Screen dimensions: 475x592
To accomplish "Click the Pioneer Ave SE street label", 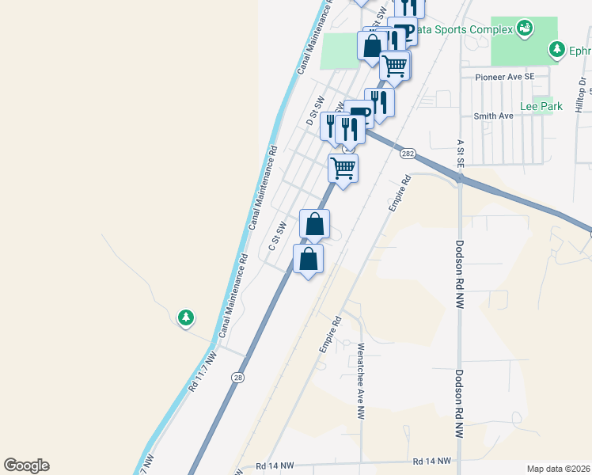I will pyautogui.click(x=505, y=77).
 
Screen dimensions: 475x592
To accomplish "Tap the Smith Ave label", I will pyautogui.click(x=493, y=116).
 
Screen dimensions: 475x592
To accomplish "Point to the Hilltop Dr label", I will pyautogui.click(x=580, y=95).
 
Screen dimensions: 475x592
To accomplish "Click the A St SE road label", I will pyautogui.click(x=460, y=154).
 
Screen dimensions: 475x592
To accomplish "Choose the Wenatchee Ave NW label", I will pyautogui.click(x=360, y=381).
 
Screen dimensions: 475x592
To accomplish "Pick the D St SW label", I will pyautogui.click(x=316, y=112).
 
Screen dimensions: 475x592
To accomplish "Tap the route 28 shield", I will pyautogui.click(x=237, y=378).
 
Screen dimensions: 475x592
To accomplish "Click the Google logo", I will pyautogui.click(x=26, y=465).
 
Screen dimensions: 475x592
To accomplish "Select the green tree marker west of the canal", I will pyautogui.click(x=186, y=317).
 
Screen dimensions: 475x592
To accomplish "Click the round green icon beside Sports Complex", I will pyautogui.click(x=524, y=29).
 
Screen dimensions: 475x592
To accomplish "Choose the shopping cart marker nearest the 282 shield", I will pyautogui.click(x=343, y=168).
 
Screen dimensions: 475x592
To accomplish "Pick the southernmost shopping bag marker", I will pyautogui.click(x=308, y=259).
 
